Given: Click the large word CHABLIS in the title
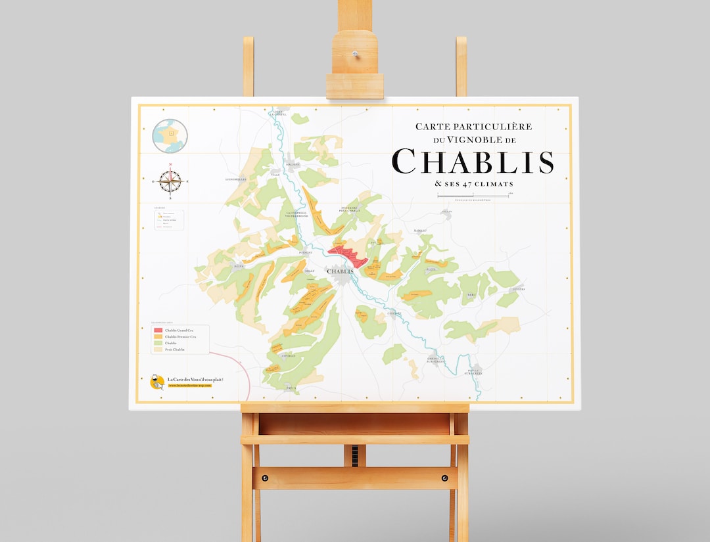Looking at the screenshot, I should tap(472, 162).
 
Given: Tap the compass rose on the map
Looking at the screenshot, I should tap(170, 179).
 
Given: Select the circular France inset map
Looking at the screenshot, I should tap(170, 136).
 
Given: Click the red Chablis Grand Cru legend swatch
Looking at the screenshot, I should tap(158, 330).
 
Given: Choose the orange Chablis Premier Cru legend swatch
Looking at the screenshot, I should tap(158, 336).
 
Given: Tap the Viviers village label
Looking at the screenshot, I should tap(519, 289).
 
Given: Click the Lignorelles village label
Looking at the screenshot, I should tap(235, 179).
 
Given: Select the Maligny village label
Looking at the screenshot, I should tap(293, 164).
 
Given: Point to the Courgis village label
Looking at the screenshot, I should tap(289, 355).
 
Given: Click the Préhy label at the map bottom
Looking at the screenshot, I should tap(291, 388).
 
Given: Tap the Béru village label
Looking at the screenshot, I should tap(470, 296).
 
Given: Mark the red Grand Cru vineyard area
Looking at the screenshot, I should tap(347, 255).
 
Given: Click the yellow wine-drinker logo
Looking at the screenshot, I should tap(157, 382).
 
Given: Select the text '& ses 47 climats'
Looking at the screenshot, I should tap(473, 184).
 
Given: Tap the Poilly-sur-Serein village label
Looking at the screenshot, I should tap(474, 373).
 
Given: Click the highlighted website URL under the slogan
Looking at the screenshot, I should tap(190, 386).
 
